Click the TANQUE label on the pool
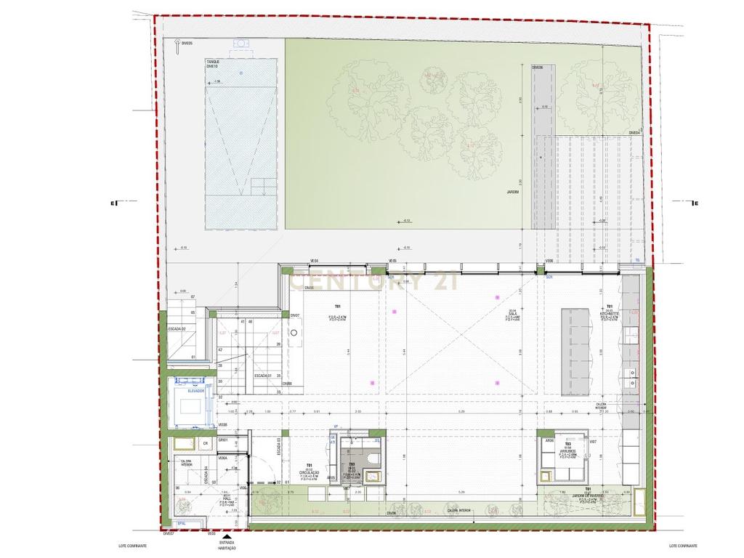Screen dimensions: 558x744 (x=212, y=62)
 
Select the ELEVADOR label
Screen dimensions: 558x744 (x=195, y=391)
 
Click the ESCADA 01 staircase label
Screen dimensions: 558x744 (x=263, y=376)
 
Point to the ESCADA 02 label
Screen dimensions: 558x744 (x=177, y=329)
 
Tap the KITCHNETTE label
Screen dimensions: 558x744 (x=609, y=314)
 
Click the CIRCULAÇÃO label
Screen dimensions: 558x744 (x=310, y=473)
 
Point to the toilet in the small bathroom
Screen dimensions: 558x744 (x=373, y=458)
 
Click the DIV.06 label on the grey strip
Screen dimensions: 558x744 (x=538, y=68)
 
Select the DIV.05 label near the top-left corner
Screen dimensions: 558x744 (x=187, y=44)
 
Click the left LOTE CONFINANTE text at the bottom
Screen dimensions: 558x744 (x=132, y=546)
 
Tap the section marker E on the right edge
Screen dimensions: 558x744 (x=695, y=203)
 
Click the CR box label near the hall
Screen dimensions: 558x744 (x=206, y=442)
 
